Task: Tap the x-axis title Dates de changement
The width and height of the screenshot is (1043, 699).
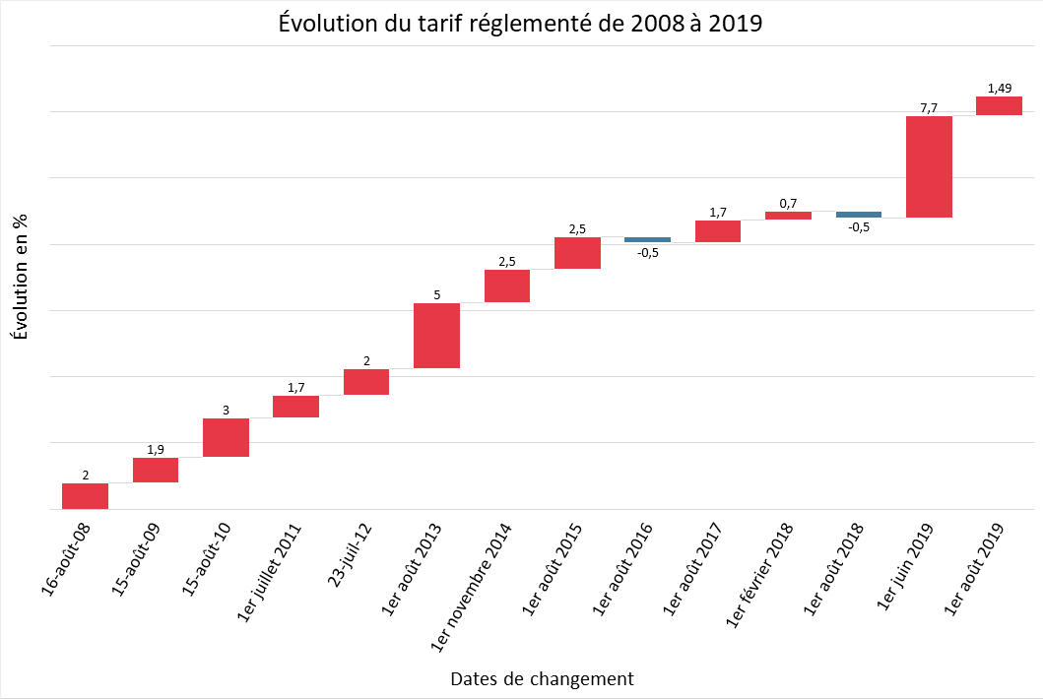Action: [x=542, y=678]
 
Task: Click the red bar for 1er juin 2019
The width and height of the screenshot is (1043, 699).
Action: [x=929, y=166]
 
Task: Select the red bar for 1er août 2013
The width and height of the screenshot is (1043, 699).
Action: [x=436, y=336]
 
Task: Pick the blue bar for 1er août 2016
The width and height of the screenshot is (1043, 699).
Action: [x=647, y=239]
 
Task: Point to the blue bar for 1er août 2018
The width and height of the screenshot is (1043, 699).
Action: [x=858, y=214]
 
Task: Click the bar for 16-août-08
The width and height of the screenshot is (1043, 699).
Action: [x=85, y=496]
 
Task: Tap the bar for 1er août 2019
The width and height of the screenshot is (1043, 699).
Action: [x=999, y=105]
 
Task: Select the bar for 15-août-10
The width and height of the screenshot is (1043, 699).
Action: [x=226, y=437]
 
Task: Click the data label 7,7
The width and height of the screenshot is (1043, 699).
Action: [x=929, y=106]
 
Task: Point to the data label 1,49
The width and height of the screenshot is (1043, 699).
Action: [x=999, y=88]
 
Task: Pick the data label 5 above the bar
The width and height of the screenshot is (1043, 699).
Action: [x=436, y=293]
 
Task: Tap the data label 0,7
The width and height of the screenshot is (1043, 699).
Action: [x=788, y=203]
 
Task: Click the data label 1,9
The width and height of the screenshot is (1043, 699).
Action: [x=156, y=449]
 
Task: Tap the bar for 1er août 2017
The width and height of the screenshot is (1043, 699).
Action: [x=718, y=231]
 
